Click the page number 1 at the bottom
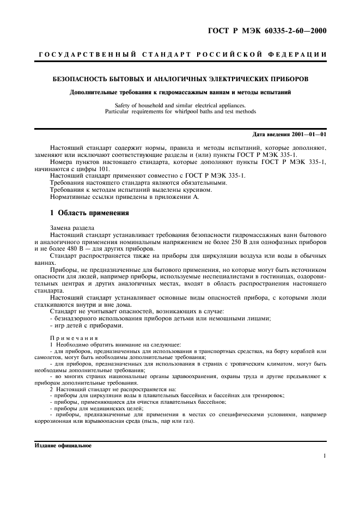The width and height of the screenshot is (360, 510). point(325,457)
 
